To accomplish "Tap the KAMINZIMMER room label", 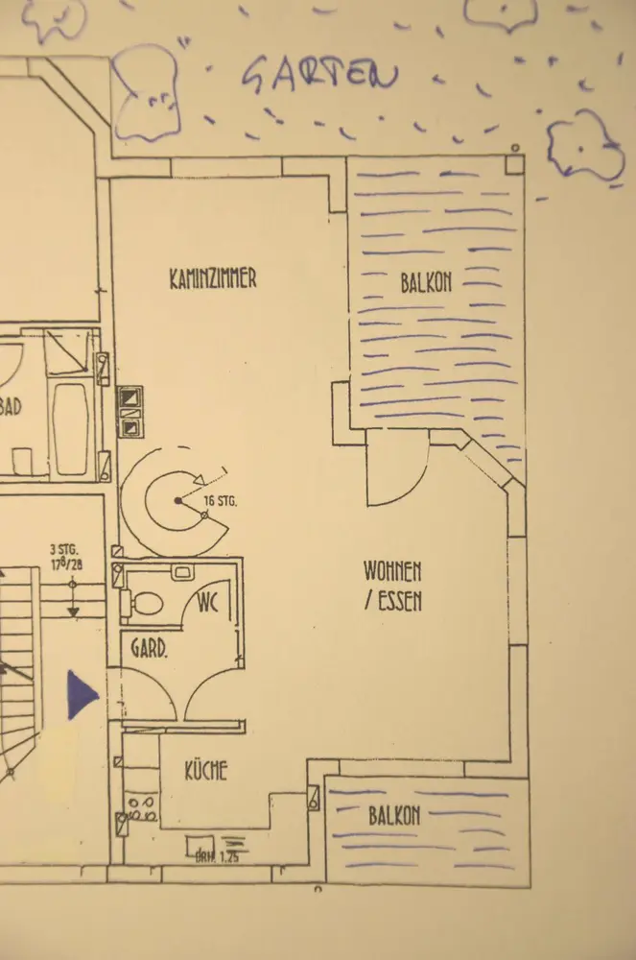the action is click(213, 279).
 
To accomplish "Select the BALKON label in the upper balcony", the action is click(426, 282).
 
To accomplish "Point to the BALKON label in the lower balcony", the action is click(394, 817).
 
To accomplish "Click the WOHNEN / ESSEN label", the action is click(392, 586).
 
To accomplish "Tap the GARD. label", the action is click(150, 650).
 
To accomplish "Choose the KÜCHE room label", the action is click(206, 770).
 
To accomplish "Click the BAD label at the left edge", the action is click(10, 407).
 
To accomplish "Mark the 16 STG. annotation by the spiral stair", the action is click(220, 501).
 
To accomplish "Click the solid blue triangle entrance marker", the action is click(81, 694).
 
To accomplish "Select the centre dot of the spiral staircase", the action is click(177, 501).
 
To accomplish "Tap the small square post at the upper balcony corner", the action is click(515, 162).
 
